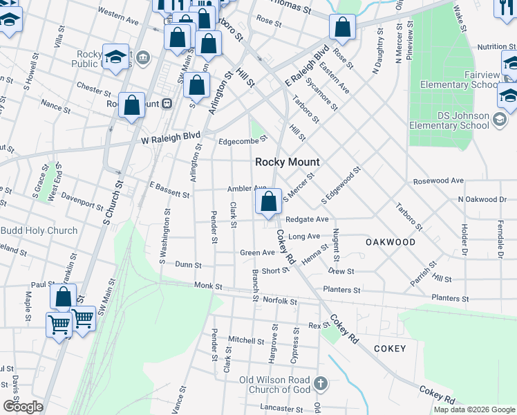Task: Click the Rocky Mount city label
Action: point(288,162)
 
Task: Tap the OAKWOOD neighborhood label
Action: point(390,242)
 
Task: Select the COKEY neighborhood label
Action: point(390,349)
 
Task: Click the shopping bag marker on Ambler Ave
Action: point(268,202)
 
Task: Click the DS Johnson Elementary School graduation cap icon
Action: point(499,121)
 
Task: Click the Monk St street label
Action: point(208,285)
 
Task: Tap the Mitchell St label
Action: point(242,340)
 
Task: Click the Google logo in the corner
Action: point(23,407)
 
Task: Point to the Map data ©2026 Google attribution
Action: point(474,409)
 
